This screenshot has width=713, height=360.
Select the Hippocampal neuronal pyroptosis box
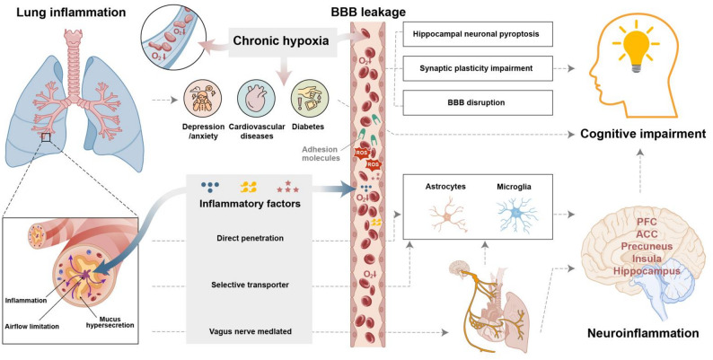(x=478, y=34)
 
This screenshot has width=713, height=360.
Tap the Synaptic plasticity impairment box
(x=478, y=68)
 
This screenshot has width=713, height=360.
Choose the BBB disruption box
(x=478, y=102)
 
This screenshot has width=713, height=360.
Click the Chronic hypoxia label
(x=280, y=41)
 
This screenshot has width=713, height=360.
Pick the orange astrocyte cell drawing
(x=447, y=217)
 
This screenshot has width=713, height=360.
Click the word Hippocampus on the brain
(x=647, y=271)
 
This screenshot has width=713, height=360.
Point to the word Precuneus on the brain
(x=647, y=246)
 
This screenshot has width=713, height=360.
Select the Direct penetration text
(x=251, y=238)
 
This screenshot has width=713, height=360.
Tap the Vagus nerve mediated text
(x=251, y=332)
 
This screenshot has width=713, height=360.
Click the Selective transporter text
(x=251, y=285)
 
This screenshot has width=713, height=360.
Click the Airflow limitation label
(x=32, y=327)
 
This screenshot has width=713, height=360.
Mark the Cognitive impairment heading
(x=643, y=134)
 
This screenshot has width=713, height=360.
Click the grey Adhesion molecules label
(x=322, y=154)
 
